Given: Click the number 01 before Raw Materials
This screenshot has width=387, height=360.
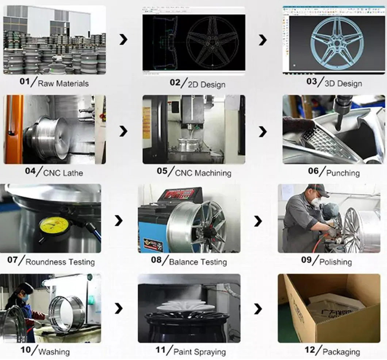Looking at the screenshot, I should tap(24, 83).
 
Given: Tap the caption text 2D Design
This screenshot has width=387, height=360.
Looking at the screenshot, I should tap(206, 85).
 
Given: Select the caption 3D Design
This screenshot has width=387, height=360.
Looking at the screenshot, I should tap(344, 84).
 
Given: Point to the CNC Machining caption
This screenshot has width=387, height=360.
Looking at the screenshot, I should tap(203, 173).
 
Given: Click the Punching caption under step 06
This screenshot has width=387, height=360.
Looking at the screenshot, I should tap(343, 173).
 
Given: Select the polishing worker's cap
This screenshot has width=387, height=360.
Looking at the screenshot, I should tap(316, 188).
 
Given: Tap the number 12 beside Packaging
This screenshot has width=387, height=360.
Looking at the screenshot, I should tap(310, 351).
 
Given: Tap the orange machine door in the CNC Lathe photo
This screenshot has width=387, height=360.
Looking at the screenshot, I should tap(14, 129).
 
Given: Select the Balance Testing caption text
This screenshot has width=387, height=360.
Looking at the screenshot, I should tap(198, 262).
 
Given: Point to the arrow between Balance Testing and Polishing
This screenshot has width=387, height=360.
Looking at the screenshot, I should tap(258, 221).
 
